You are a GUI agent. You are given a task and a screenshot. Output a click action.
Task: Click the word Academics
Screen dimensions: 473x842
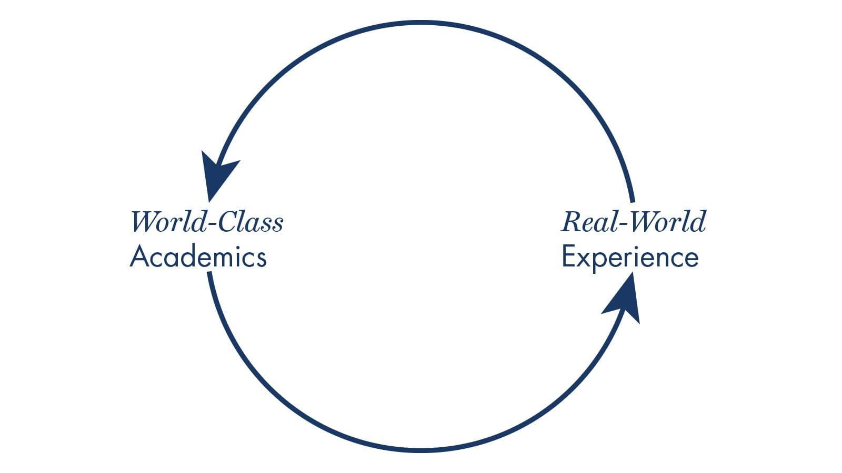coord(198,258)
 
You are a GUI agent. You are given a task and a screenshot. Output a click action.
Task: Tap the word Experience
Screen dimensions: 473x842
coord(630,258)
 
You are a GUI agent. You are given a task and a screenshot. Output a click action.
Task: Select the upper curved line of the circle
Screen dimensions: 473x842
coord(421,23)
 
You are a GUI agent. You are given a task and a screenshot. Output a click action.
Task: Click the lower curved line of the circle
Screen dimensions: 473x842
coord(421,450)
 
